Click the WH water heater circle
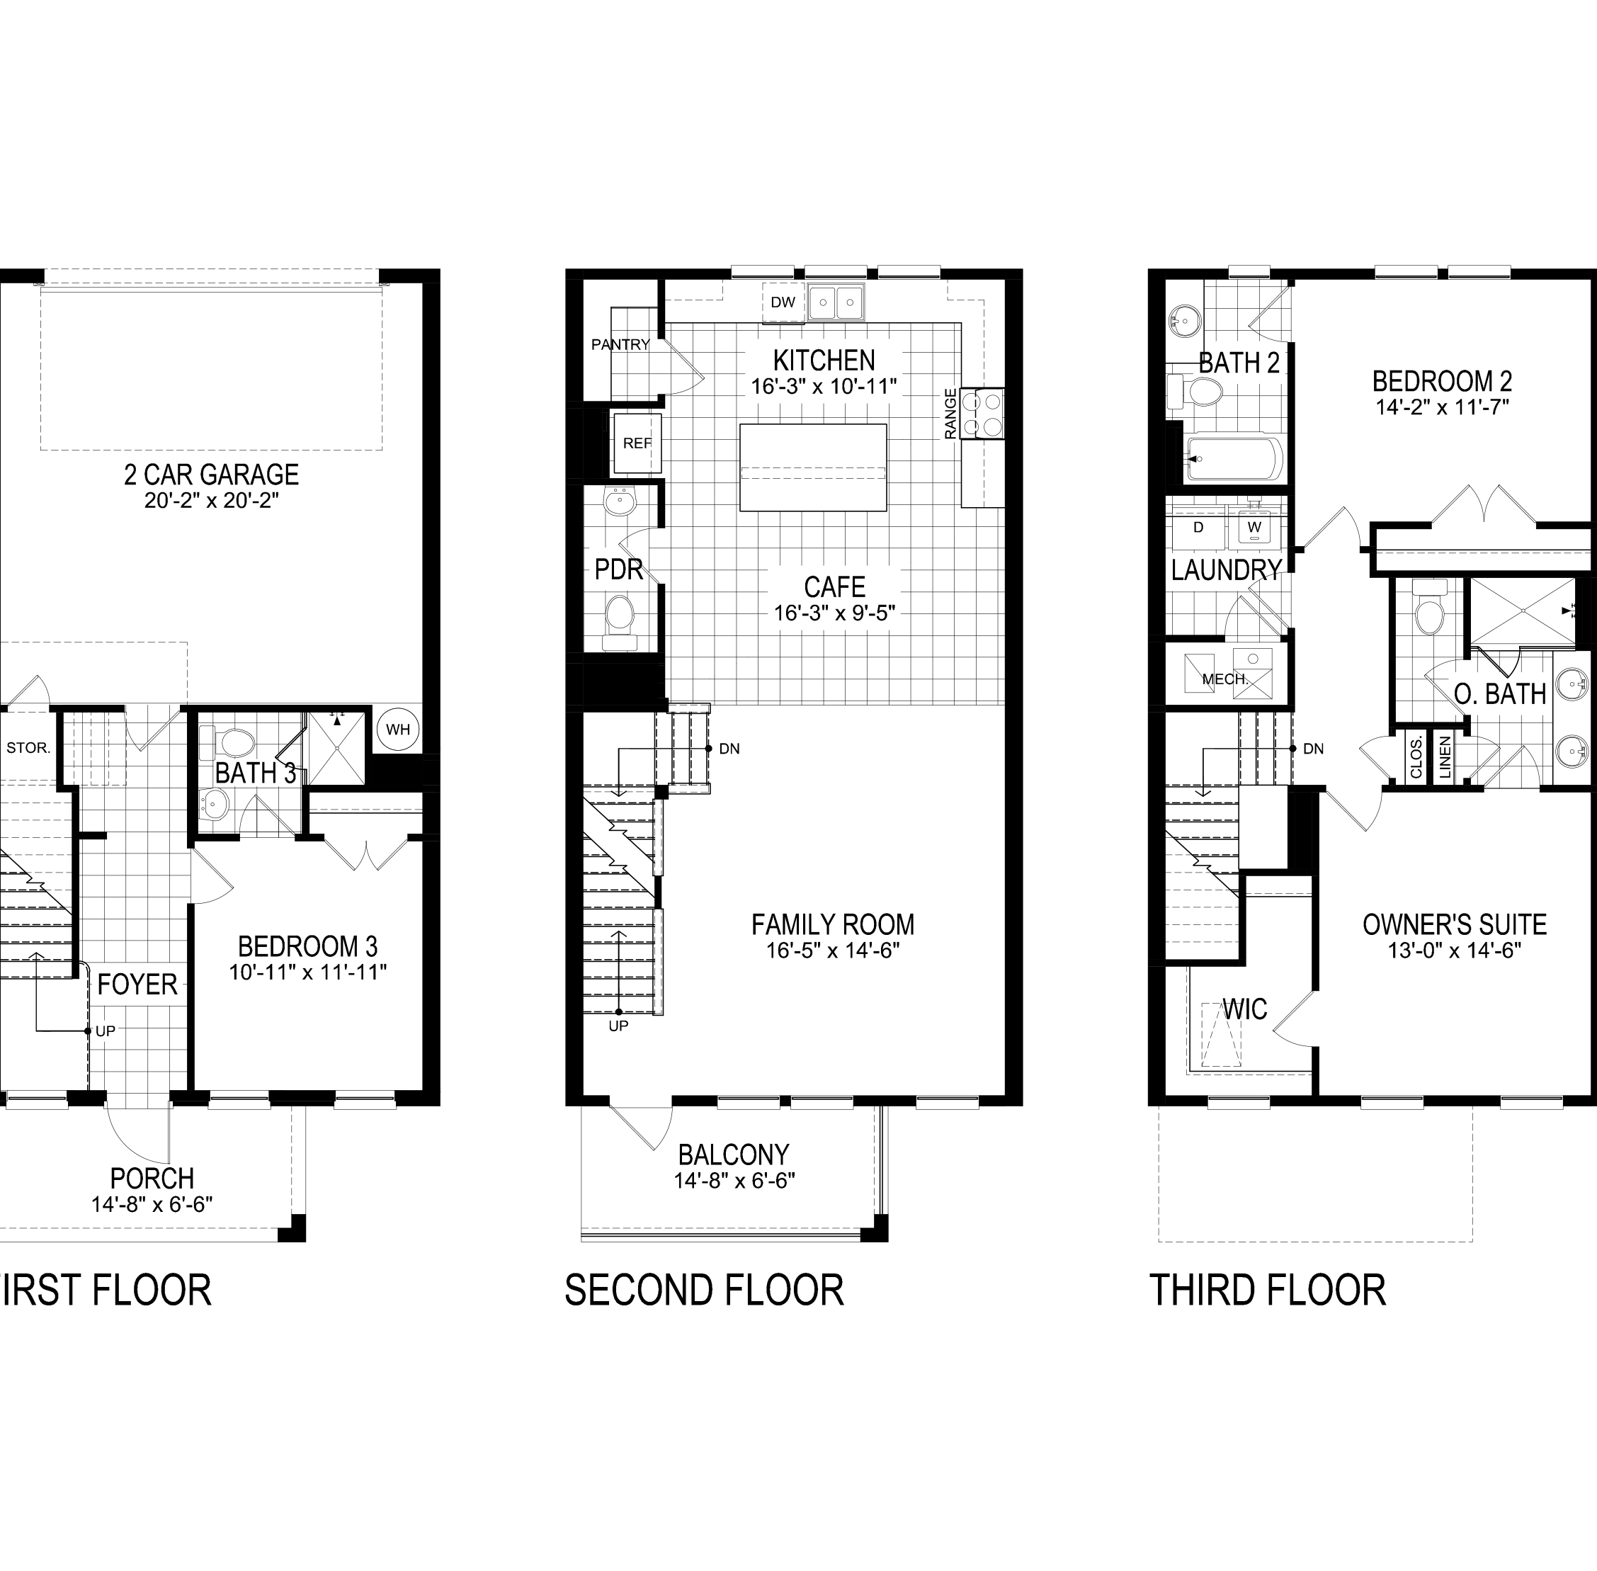(x=397, y=730)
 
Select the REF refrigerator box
(x=637, y=443)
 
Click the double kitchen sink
(x=836, y=302)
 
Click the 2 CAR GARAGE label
(x=212, y=475)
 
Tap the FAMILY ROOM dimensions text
(x=832, y=951)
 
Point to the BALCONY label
(x=733, y=1155)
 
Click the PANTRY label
(x=620, y=345)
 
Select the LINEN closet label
(x=1445, y=757)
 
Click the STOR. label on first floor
(x=29, y=749)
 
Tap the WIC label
(x=1244, y=1009)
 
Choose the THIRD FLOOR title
(x=1267, y=1291)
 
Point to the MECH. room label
(x=1226, y=679)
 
